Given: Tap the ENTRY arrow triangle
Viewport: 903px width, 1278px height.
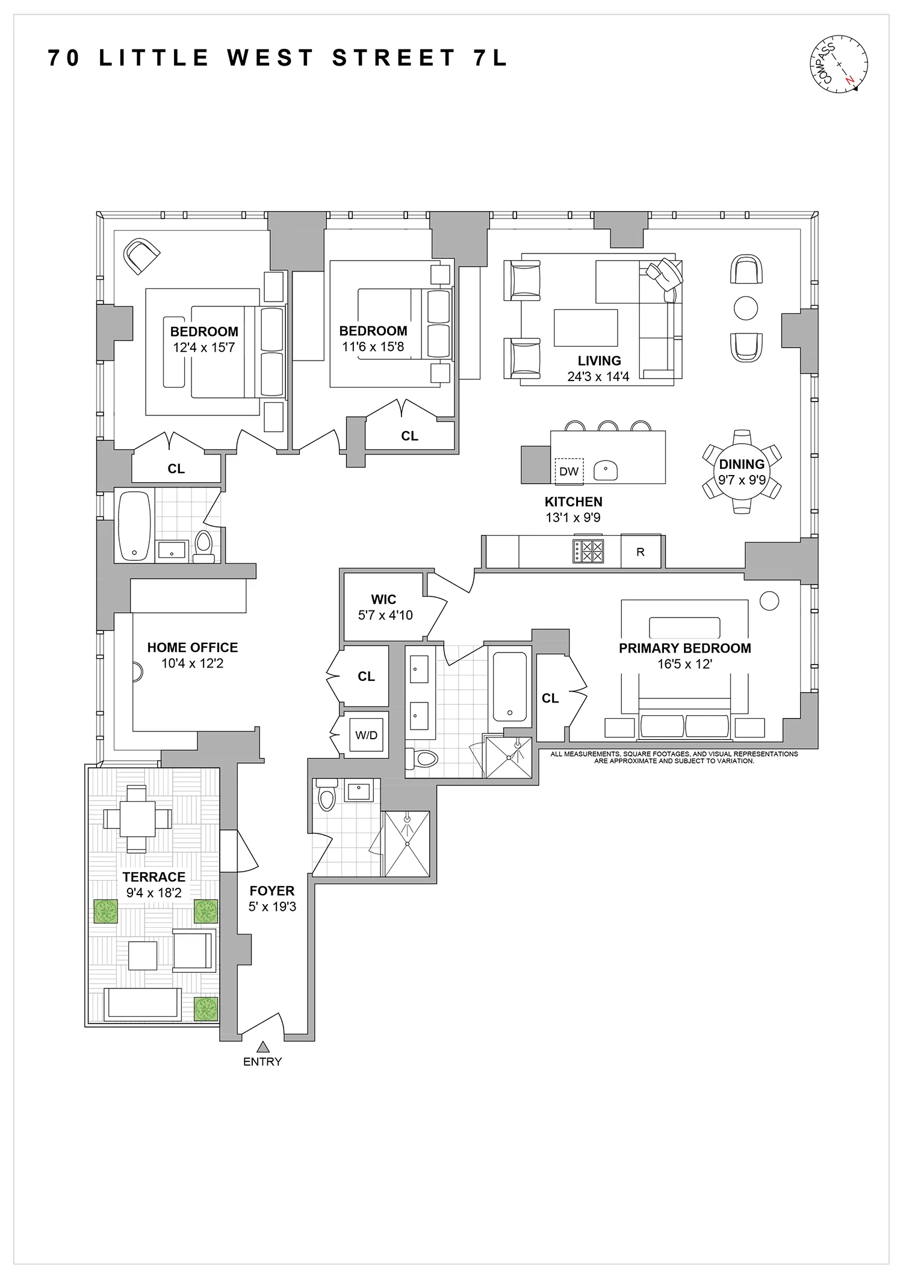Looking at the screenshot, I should coord(262,1046).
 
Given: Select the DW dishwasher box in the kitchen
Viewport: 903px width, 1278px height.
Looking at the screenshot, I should coord(568,471).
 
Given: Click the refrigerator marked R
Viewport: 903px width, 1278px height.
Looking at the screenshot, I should coord(641,551).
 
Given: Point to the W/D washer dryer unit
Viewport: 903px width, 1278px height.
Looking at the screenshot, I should coord(366,735).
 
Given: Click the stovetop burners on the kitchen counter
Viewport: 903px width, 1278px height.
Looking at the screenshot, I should coord(588,551).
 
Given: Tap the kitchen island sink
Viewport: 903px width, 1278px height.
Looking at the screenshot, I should coord(605,471).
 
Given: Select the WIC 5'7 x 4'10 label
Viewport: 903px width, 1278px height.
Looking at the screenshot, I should coord(385,607).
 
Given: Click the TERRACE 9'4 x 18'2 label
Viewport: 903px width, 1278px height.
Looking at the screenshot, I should coord(154,884).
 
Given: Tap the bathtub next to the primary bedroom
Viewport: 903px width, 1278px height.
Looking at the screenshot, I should coord(509,687).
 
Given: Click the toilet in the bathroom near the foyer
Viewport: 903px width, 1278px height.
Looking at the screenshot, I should coord(327,798).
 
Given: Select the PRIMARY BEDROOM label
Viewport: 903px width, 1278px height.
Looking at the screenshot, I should coord(685,648).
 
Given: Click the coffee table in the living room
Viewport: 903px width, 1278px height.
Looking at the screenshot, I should coord(586,328).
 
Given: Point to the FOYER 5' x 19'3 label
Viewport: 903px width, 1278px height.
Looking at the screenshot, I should coord(272,898).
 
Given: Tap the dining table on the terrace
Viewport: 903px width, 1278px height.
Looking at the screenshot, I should coord(137,819).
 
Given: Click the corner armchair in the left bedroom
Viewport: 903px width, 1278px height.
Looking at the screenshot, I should coord(141,255).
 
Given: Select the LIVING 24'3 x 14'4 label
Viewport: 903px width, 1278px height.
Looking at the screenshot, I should coord(598,368).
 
